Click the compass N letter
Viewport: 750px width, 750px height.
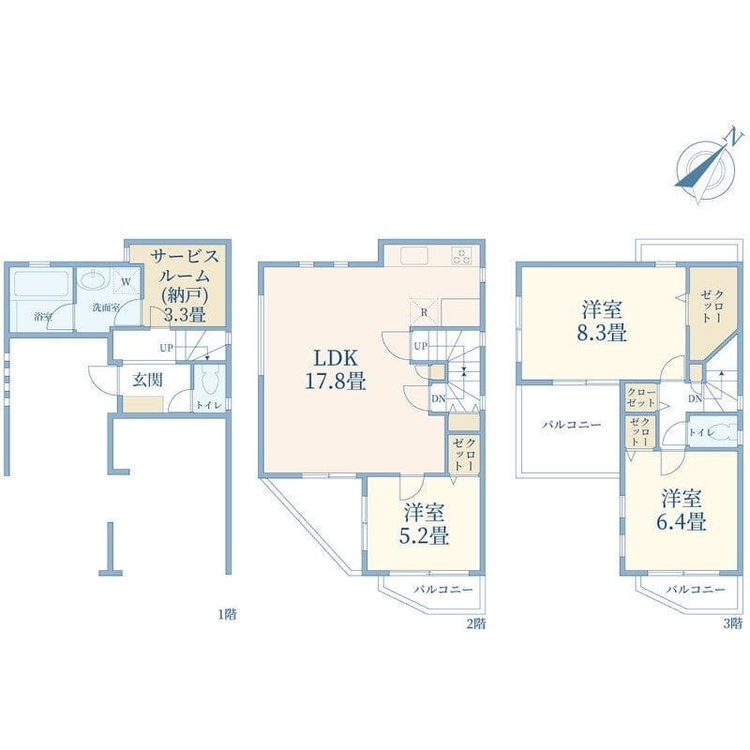(736, 137)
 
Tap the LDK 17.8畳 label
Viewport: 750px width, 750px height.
(336, 369)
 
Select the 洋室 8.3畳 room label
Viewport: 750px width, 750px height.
(601, 321)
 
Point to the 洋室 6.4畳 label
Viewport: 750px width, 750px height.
(682, 510)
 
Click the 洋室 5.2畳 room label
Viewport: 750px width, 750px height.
(424, 524)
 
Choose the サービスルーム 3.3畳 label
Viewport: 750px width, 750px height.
(185, 286)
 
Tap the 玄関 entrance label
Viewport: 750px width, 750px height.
(147, 380)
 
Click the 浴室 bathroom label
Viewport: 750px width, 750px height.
(43, 317)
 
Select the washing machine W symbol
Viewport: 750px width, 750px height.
(127, 282)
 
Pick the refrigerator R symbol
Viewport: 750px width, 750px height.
(424, 313)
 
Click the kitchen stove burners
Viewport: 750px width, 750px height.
(461, 255)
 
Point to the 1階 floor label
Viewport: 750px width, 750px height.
(227, 614)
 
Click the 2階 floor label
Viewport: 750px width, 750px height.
(476, 623)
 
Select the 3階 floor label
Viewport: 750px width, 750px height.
(733, 623)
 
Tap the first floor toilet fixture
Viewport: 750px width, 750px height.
(210, 381)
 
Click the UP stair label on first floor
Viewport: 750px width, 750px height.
(166, 348)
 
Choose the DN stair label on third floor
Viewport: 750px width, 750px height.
(695, 398)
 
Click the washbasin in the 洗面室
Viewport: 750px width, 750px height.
(91, 278)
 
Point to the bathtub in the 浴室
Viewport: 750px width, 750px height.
(41, 284)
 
